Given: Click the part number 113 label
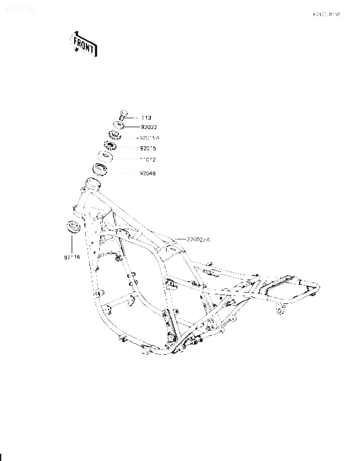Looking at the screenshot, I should click(146, 118).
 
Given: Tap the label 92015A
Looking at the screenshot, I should click(148, 138).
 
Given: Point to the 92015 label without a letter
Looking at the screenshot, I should click(148, 148).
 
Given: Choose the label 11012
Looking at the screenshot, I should click(148, 160).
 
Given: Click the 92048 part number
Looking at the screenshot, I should click(148, 173).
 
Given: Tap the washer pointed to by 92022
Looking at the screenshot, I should click(118, 125).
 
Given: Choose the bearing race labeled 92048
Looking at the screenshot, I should click(100, 169).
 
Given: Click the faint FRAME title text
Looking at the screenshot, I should click(20, 9).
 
